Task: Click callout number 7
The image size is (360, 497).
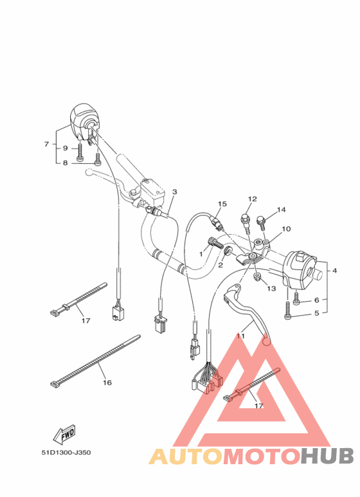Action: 46,144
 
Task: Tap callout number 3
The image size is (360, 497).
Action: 174,192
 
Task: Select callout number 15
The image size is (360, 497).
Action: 222,204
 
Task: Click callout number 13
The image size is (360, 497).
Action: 271,288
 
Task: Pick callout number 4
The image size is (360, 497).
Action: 334,271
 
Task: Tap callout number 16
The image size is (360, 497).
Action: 107,383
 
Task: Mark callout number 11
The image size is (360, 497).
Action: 241,336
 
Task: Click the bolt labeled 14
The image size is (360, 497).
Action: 262,222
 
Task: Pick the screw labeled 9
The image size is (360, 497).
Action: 79,152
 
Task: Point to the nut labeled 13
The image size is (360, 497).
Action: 257,276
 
